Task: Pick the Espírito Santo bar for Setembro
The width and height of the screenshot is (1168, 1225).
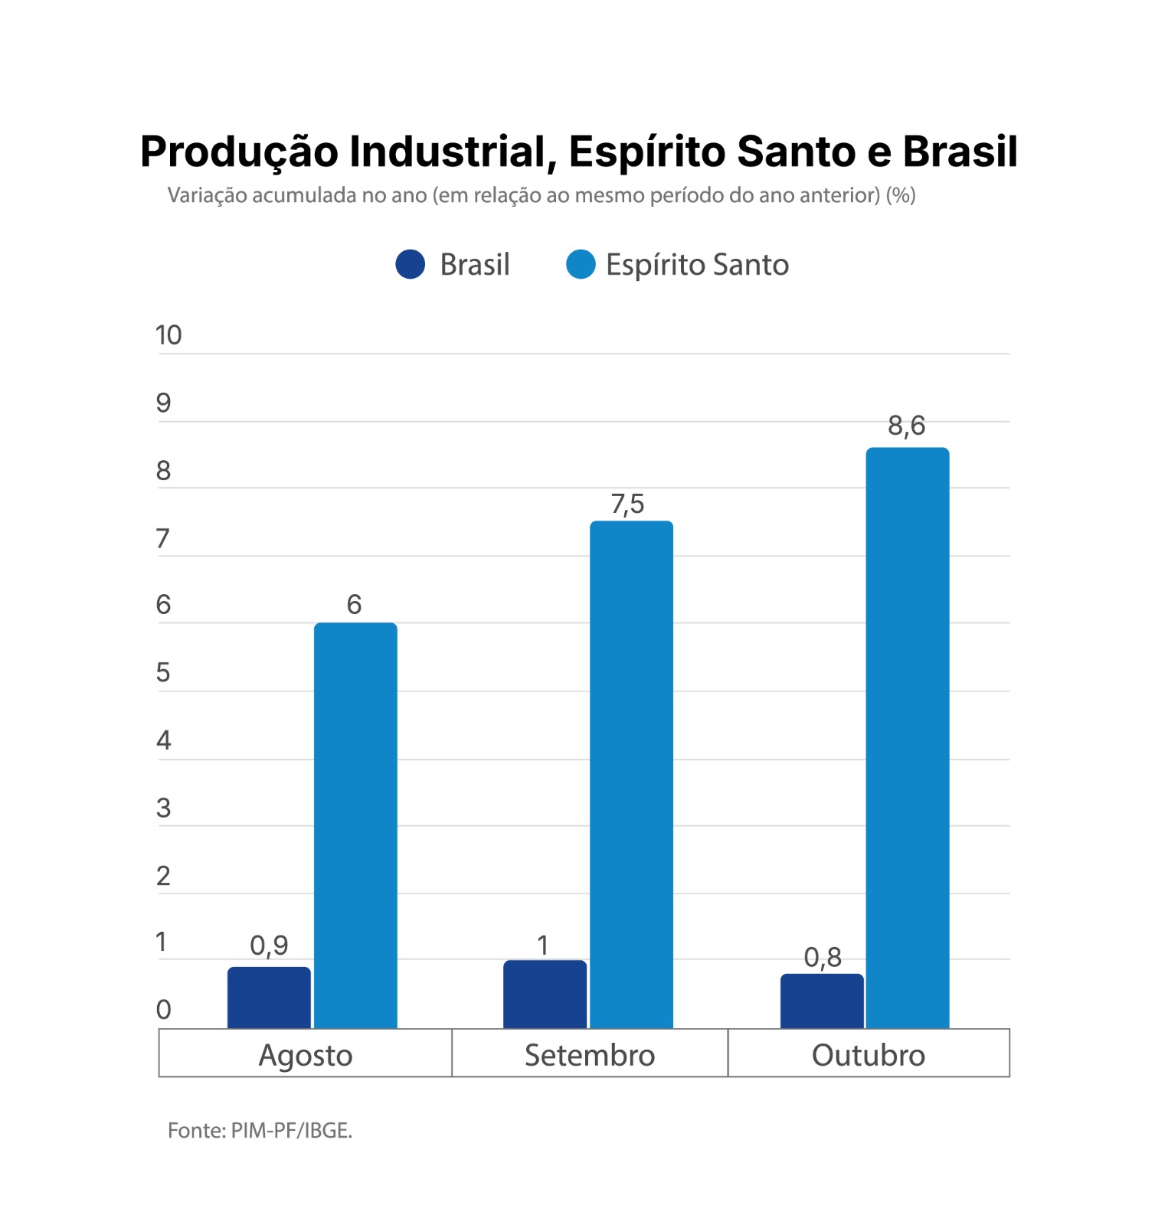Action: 631,774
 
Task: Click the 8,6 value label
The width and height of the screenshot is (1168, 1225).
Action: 907,426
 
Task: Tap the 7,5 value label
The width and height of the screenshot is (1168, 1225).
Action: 628,505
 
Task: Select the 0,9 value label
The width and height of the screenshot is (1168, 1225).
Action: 269,946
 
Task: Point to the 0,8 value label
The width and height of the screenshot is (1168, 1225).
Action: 823,957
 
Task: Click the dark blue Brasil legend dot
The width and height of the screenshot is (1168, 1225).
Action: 411,265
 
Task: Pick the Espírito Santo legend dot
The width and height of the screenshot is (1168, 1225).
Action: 581,265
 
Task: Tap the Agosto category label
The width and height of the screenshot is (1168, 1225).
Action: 306,1055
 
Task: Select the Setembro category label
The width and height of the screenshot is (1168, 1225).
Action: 590,1055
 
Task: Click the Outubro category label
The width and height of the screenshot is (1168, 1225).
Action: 869,1055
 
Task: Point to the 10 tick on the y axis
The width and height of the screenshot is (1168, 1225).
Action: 168,335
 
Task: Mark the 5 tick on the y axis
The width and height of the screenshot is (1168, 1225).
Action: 163,673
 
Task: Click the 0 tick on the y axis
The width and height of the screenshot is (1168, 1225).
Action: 163,1010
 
